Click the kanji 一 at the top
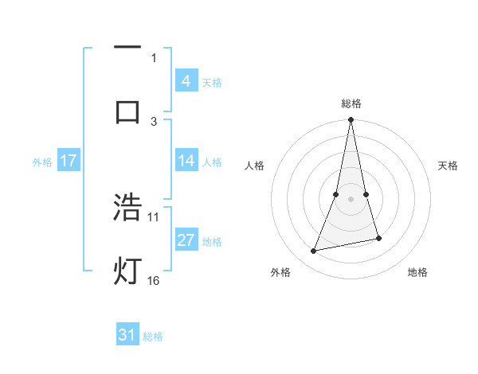click(x=127, y=48)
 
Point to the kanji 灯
click(x=127, y=271)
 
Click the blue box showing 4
click(x=186, y=81)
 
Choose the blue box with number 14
click(x=186, y=161)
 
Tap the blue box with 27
click(x=186, y=240)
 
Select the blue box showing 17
click(x=68, y=161)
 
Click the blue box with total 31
click(x=127, y=335)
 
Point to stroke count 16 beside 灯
click(x=154, y=280)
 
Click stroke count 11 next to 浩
click(x=154, y=216)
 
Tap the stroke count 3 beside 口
click(x=154, y=121)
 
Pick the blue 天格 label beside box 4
click(x=212, y=83)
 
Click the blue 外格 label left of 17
click(x=42, y=162)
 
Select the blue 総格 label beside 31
click(x=153, y=337)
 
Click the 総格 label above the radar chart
click(x=351, y=103)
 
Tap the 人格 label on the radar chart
click(x=255, y=166)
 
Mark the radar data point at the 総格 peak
click(x=351, y=120)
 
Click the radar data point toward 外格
click(x=313, y=251)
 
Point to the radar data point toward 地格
click(x=378, y=238)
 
